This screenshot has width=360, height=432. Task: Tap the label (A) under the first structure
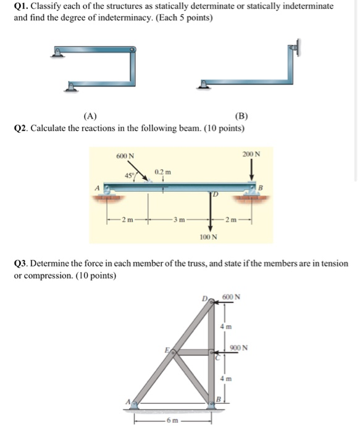tap(90, 115)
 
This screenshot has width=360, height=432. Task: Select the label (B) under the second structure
tap(241, 115)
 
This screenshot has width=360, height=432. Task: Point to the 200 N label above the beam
tap(251, 154)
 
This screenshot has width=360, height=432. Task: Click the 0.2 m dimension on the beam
tap(162, 171)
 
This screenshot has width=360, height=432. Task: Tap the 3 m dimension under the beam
tap(179, 219)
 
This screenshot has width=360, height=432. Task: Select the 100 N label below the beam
tap(207, 236)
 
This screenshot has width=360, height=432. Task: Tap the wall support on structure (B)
tap(295, 49)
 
